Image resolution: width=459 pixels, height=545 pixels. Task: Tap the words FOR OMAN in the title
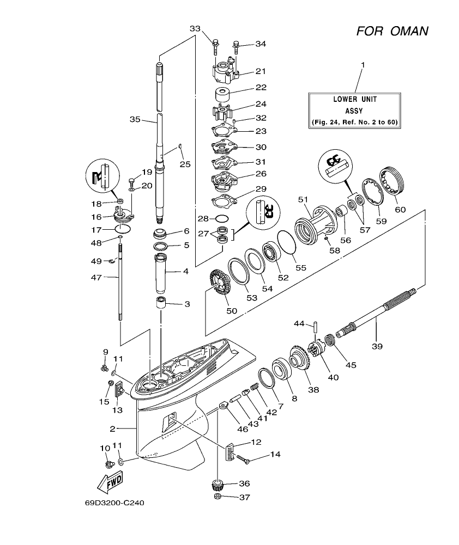(392, 31)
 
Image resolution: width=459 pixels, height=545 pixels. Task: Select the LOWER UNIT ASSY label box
(355, 111)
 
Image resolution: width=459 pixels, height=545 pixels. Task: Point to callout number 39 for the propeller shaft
(377, 345)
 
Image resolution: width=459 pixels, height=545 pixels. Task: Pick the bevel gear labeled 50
(218, 283)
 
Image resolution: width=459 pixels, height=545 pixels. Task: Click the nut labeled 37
(216, 497)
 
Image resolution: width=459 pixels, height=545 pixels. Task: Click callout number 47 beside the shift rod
(96, 277)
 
